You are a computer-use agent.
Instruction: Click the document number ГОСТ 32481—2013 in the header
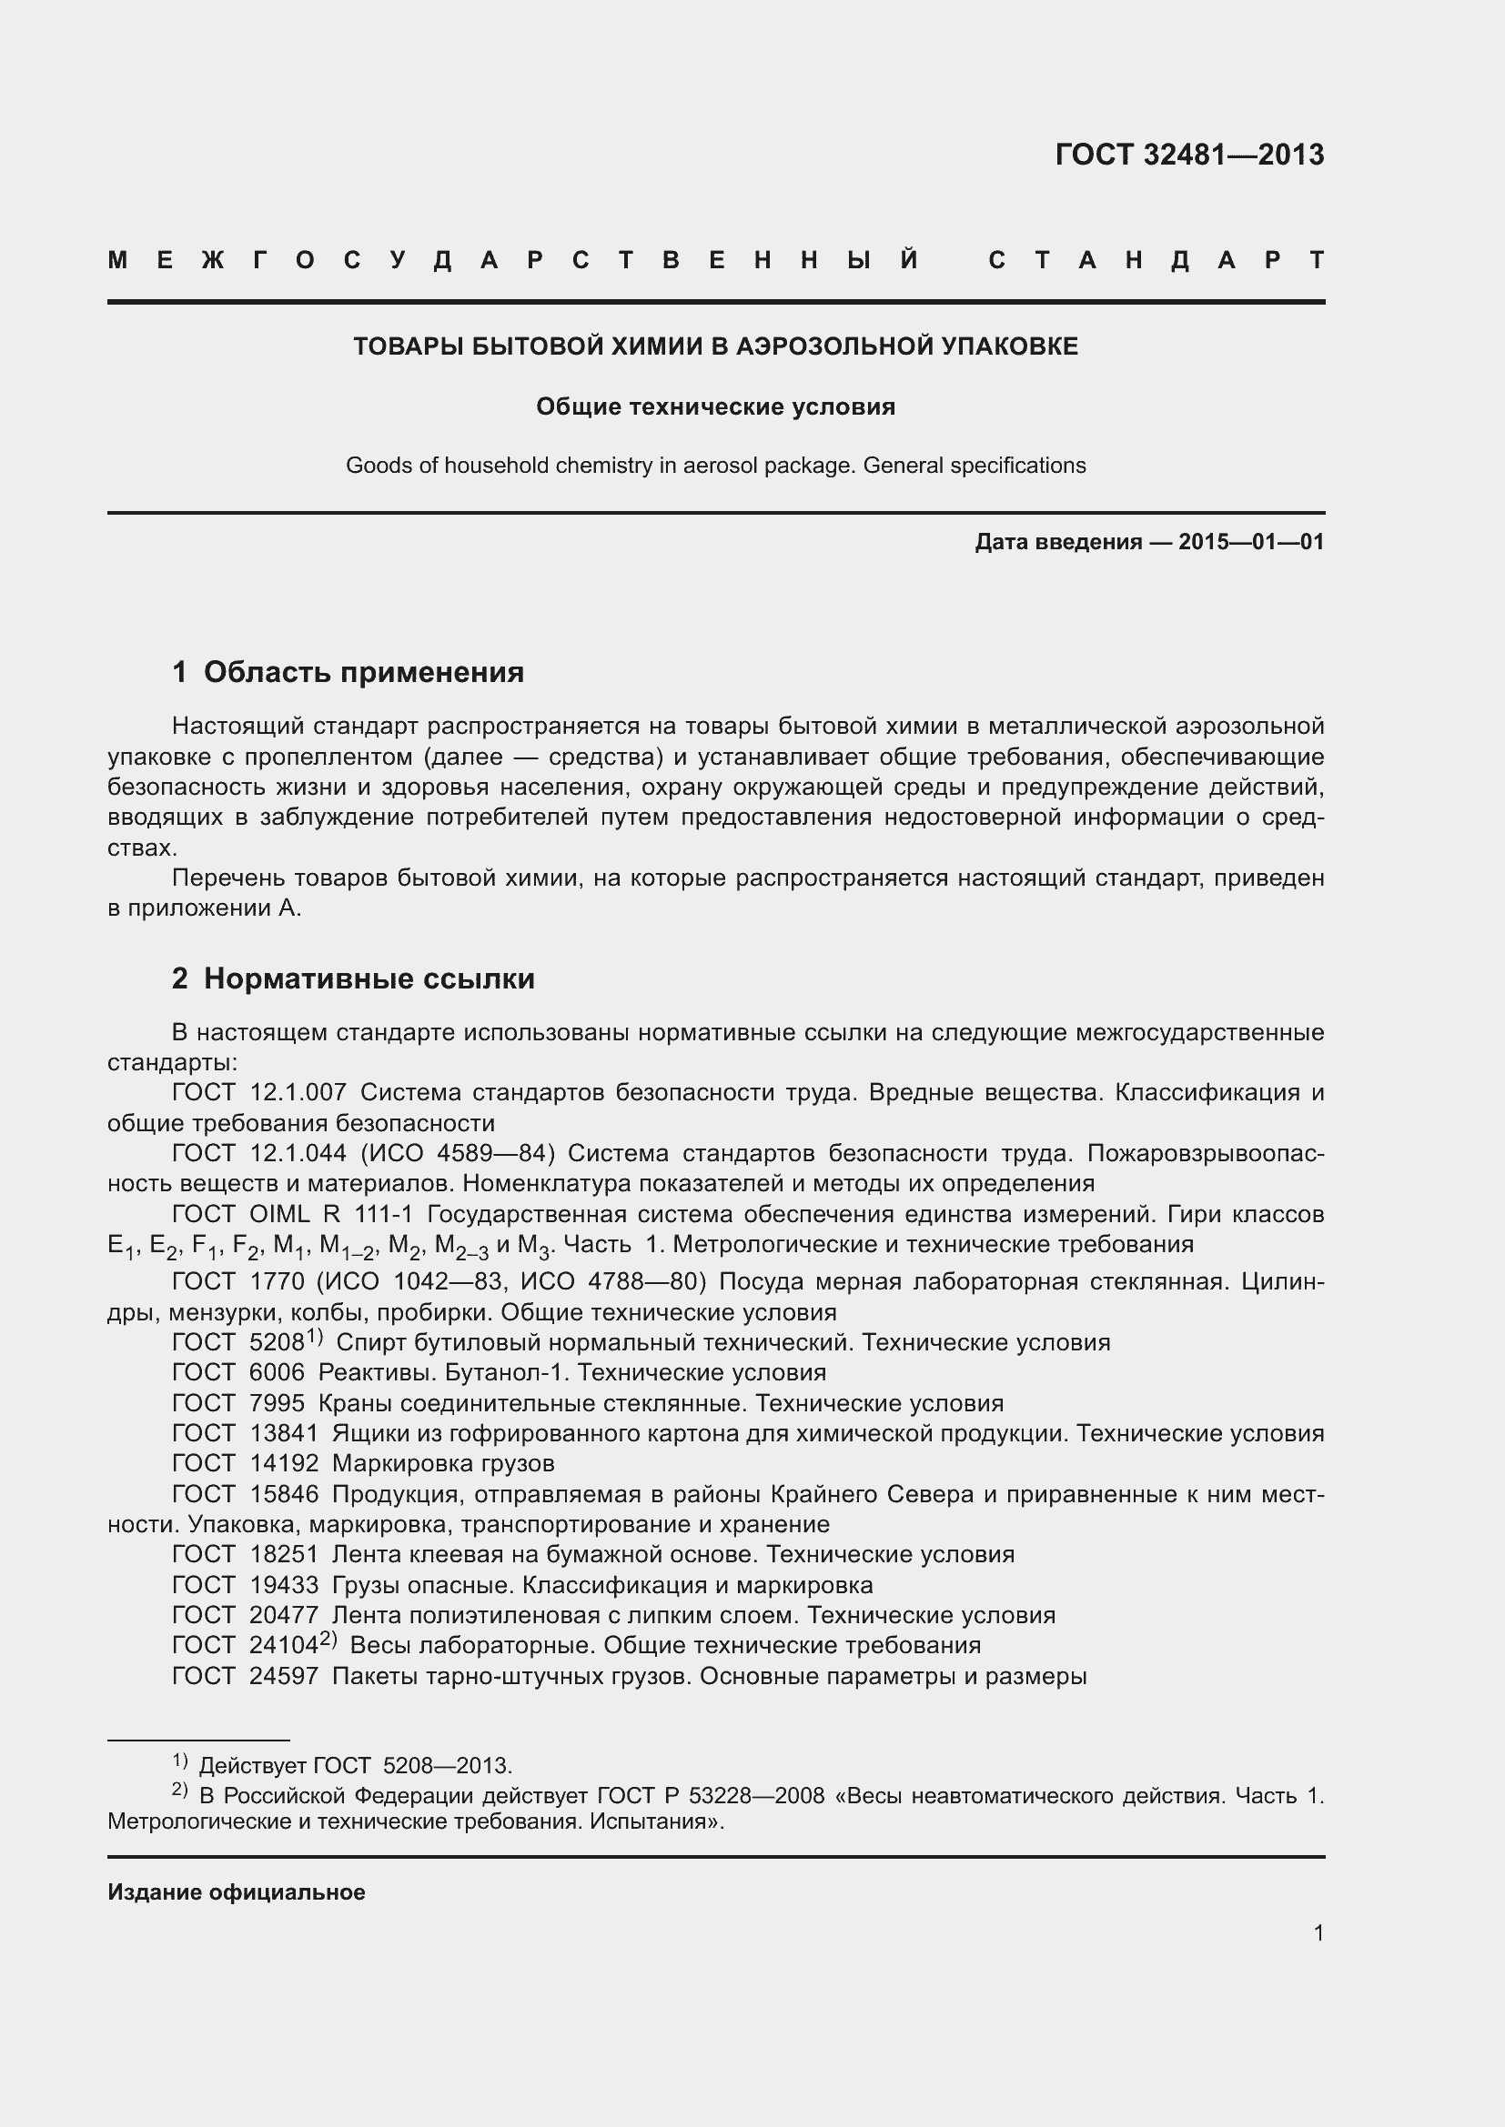tap(1189, 155)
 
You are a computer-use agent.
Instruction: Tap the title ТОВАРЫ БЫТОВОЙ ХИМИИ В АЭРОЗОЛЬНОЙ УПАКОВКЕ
tap(715, 346)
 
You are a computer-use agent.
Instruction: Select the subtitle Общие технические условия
tap(715, 406)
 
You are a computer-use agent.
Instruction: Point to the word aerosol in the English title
tap(719, 465)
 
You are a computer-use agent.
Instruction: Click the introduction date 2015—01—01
tap(1251, 542)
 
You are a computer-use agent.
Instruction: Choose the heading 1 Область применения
tap(348, 673)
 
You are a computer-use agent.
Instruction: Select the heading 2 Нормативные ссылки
tap(353, 979)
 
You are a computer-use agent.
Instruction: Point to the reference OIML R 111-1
tap(331, 1215)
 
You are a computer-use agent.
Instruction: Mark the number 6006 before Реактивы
tap(278, 1372)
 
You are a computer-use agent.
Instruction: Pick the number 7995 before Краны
tap(278, 1402)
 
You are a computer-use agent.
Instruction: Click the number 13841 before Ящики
tap(284, 1433)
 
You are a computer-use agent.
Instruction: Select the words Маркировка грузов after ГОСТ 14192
tap(443, 1464)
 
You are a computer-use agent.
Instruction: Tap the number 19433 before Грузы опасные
tap(284, 1585)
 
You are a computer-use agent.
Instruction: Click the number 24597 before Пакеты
tap(284, 1676)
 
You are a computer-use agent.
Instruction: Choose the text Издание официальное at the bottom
tap(237, 1892)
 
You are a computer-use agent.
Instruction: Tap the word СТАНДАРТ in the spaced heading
tap(1157, 261)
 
